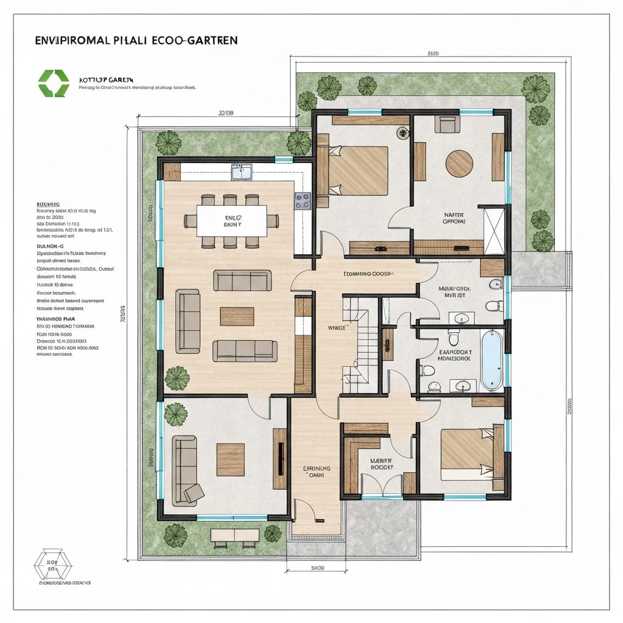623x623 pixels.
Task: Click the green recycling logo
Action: pos(54,83)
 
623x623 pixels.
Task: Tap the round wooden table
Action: pos(459,163)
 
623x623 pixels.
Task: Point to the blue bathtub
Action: pos(492,360)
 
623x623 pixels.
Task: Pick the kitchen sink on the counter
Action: pos(242,172)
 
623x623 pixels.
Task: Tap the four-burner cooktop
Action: pos(303,201)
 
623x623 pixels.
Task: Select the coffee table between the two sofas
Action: pos(237,316)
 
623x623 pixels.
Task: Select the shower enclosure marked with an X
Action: pos(493,231)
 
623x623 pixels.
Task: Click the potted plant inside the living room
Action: pos(177,378)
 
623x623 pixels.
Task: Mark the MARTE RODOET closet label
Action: pos(381,464)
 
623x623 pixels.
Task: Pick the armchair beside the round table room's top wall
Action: pos(447,125)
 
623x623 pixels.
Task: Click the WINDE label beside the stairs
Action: pos(337,327)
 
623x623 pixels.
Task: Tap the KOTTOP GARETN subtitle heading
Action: pos(106,80)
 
